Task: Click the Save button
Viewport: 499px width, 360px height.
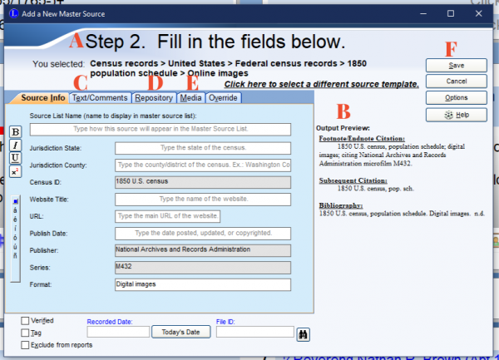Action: pyautogui.click(x=456, y=65)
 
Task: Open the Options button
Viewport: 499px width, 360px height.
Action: pyautogui.click(x=456, y=97)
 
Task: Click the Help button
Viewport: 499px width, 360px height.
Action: pyautogui.click(x=456, y=114)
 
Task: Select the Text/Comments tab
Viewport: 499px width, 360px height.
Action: pyautogui.click(x=100, y=98)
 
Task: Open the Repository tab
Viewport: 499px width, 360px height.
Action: pyautogui.click(x=154, y=98)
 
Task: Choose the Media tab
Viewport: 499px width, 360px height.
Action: pyautogui.click(x=190, y=98)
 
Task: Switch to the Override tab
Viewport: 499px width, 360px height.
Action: pyautogui.click(x=223, y=98)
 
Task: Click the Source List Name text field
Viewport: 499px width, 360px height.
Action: pyautogui.click(x=161, y=130)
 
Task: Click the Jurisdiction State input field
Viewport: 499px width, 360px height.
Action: pyautogui.click(x=203, y=148)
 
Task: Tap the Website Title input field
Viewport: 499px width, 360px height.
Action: pyautogui.click(x=203, y=200)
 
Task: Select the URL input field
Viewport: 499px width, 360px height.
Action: pyautogui.click(x=203, y=217)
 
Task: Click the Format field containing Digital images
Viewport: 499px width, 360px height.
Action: pyautogui.click(x=203, y=284)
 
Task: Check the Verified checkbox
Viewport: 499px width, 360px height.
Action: pyautogui.click(x=25, y=320)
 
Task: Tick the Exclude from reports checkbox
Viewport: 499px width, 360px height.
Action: pyautogui.click(x=25, y=344)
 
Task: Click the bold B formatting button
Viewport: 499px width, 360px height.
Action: pyautogui.click(x=15, y=132)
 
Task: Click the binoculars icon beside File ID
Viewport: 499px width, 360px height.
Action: pyautogui.click(x=304, y=333)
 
